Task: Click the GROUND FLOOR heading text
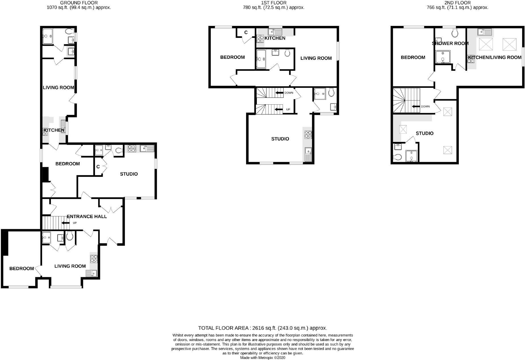point(79,3)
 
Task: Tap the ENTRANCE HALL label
point(87,216)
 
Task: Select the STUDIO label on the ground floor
point(129,174)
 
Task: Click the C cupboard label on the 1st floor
point(246,32)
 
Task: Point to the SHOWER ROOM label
point(450,44)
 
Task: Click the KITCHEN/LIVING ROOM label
point(495,57)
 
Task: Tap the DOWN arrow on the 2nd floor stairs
point(416,107)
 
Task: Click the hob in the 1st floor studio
point(308,135)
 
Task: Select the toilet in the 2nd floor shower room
point(455,33)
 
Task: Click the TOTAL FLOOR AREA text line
point(262,328)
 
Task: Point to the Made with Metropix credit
point(262,358)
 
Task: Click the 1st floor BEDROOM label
point(232,57)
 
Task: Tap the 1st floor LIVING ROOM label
point(316,58)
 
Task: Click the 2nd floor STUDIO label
point(424,133)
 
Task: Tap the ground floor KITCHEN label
point(54,130)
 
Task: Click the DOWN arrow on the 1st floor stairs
point(280,93)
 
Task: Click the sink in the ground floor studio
point(147,148)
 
